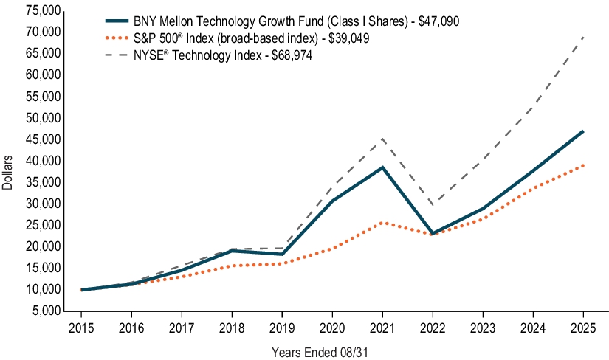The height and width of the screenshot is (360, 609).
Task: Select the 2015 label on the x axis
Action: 80,327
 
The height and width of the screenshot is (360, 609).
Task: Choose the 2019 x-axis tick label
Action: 282,327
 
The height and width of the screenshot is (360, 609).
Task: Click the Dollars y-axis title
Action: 8,172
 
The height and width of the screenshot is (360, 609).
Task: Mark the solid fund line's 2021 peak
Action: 382,167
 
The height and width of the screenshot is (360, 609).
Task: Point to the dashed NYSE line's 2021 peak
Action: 382,139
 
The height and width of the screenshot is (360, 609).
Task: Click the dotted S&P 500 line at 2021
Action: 382,222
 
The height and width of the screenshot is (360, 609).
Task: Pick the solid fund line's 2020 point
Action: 332,201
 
